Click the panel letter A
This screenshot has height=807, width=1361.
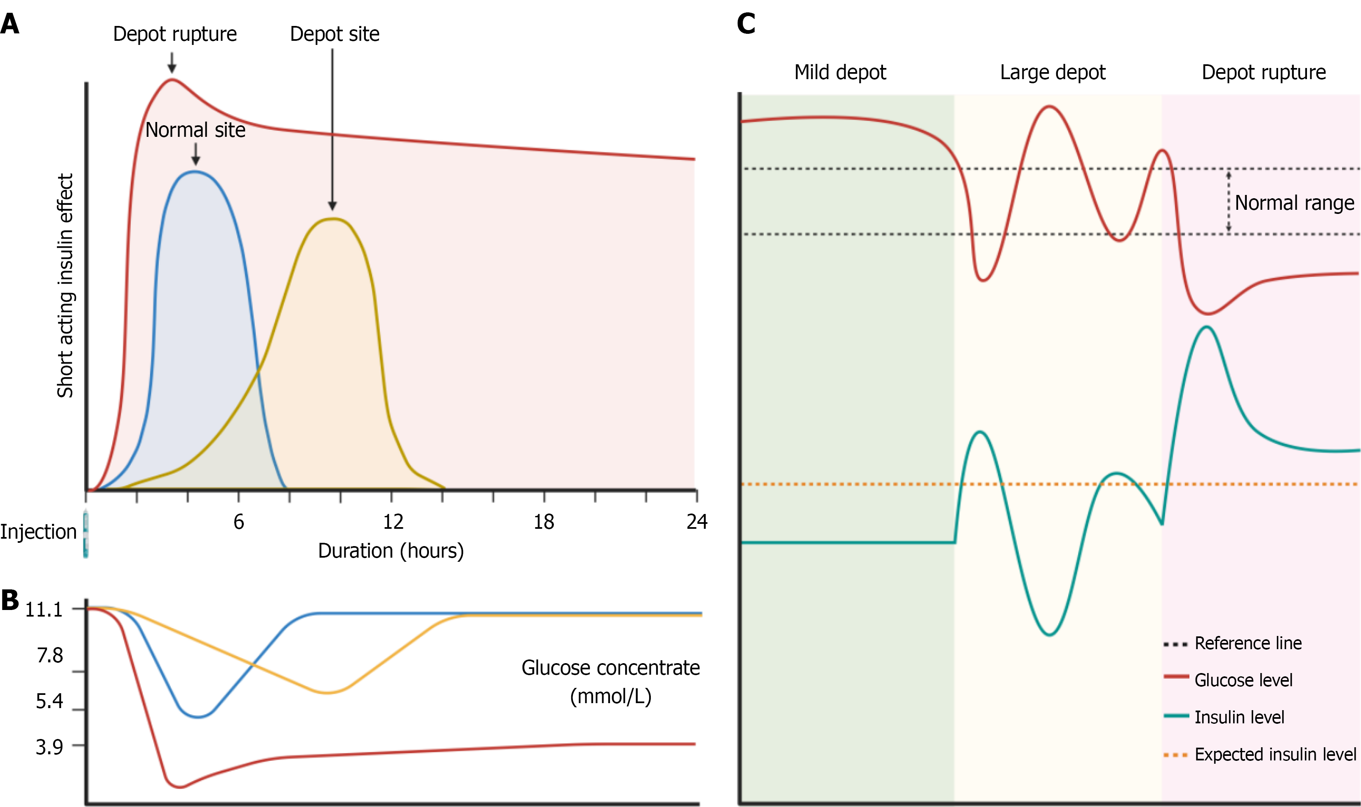click(10, 24)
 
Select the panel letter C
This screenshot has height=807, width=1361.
click(746, 24)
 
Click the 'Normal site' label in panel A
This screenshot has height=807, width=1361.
click(195, 130)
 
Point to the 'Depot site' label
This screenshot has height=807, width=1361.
click(334, 34)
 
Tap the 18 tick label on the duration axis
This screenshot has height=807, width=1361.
click(544, 522)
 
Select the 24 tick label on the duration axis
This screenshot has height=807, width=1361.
click(697, 522)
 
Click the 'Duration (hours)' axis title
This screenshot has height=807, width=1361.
click(391, 551)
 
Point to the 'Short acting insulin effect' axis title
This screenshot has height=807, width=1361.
click(65, 286)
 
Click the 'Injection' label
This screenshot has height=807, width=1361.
click(38, 532)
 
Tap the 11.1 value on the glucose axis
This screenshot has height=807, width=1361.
click(44, 610)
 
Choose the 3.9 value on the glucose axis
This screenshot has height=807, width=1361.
click(49, 747)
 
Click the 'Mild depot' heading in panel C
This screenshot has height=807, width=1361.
click(840, 72)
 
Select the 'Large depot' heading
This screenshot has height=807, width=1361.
click(1053, 72)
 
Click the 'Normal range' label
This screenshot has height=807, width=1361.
click(1295, 203)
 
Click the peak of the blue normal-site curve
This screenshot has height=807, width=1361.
click(195, 172)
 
